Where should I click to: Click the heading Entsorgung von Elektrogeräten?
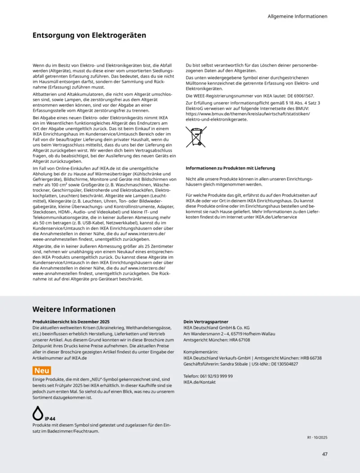[x=89, y=35]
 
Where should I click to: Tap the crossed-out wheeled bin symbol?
[x=196, y=137]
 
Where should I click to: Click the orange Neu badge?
[x=41, y=370]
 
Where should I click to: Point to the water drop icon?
[x=38, y=412]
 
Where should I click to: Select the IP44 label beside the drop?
[x=50, y=419]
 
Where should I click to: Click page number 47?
[x=324, y=454]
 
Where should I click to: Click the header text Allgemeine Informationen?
[x=297, y=16]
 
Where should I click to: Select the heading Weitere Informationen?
[x=74, y=309]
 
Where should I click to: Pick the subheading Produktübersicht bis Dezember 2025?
[x=71, y=322]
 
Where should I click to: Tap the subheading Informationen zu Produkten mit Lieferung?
[x=230, y=168]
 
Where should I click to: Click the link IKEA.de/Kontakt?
[x=199, y=382]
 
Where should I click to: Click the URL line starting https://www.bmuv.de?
[x=248, y=113]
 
